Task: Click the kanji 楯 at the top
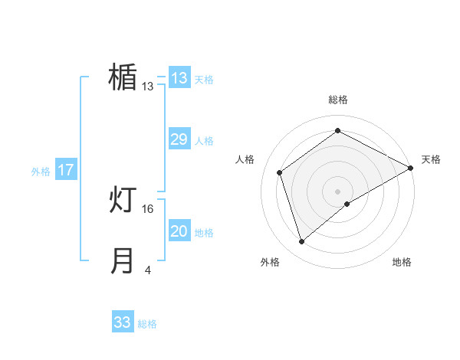point(123,77)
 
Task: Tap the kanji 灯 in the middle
point(123,201)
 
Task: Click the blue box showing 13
point(179,78)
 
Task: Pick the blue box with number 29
point(179,139)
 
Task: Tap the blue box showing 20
point(179,231)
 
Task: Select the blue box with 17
point(66,170)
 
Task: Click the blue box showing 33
point(123,322)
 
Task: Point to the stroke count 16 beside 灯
point(148,208)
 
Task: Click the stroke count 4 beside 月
point(148,270)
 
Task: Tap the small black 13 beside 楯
point(148,86)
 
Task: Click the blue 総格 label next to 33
point(147,324)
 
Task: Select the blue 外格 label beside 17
point(41,172)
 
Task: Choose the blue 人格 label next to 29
point(204,141)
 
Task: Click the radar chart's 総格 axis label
point(337,100)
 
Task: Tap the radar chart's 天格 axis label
point(431,159)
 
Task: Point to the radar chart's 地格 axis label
point(402,262)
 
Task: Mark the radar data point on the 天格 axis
point(410,168)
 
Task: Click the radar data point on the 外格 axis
point(302,242)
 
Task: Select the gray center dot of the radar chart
point(337,191)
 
